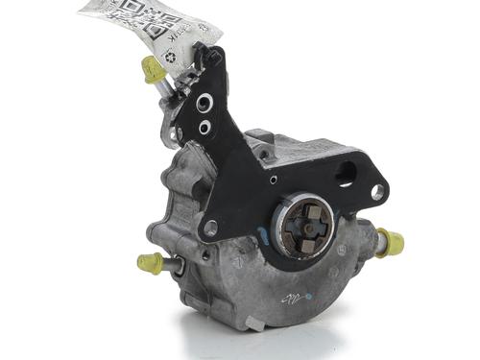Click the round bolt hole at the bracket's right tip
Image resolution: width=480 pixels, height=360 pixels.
tap(377, 192)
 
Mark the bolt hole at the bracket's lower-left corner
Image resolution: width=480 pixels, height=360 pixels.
tap(210, 228)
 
